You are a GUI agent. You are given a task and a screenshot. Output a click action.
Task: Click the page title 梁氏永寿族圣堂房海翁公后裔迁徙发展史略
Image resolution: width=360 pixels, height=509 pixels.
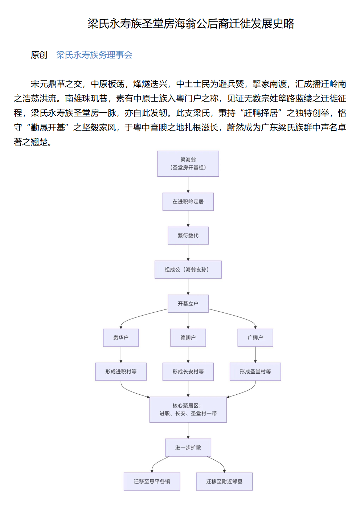[x=191, y=24]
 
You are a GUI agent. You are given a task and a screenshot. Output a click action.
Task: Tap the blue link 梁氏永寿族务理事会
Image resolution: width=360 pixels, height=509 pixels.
[x=94, y=55]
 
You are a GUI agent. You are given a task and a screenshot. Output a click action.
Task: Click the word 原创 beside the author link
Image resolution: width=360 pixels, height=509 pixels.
[x=39, y=55]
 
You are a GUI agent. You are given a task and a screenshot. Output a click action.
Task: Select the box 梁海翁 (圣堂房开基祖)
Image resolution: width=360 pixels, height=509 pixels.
[x=188, y=164]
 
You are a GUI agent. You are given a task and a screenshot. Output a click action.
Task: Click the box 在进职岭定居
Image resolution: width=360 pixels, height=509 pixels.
[x=188, y=202]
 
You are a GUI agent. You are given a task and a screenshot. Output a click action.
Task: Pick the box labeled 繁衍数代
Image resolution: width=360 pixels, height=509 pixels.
[x=188, y=236]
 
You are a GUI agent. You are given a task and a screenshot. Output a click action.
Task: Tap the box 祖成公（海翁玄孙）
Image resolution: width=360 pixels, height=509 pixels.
[x=188, y=270]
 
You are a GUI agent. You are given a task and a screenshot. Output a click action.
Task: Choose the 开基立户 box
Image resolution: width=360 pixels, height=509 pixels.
[x=188, y=304]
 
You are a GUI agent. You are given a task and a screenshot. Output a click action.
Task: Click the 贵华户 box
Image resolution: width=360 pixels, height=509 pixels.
[x=121, y=338]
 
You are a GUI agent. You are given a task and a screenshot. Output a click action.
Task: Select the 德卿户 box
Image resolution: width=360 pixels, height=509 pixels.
[x=188, y=338]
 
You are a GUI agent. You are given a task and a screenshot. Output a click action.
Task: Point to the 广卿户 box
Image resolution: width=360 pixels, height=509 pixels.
[x=255, y=338]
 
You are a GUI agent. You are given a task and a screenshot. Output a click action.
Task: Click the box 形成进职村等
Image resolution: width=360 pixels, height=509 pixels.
[x=121, y=372]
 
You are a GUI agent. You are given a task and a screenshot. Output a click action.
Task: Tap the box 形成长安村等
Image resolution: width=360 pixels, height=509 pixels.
[x=188, y=372]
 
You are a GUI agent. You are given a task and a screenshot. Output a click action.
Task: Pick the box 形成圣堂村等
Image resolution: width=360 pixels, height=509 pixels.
[x=255, y=372]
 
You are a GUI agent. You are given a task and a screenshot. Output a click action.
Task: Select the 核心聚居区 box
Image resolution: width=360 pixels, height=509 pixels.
[x=188, y=410]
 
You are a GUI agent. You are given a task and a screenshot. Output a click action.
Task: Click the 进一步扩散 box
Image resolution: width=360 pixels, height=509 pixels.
[x=188, y=448]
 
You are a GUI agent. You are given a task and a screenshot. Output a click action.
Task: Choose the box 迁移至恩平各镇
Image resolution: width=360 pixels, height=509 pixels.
[x=152, y=481]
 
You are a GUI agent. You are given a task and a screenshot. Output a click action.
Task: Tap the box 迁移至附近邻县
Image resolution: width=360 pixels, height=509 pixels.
[x=224, y=481]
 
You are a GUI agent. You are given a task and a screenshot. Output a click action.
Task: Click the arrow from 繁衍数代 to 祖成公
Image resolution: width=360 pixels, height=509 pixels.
[x=188, y=253]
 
